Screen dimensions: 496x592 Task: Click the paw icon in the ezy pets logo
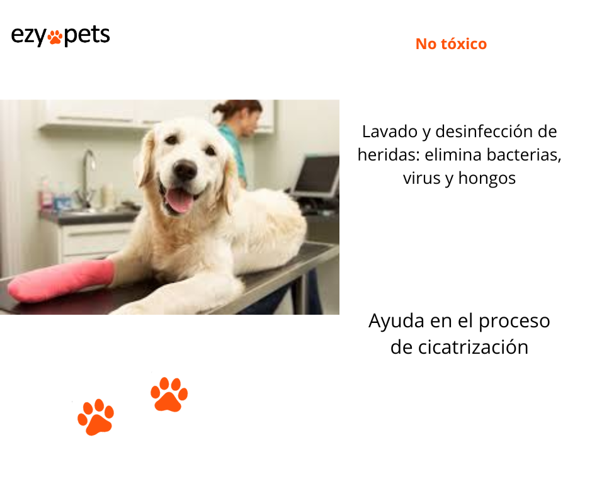55,37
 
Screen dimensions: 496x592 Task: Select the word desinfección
479,132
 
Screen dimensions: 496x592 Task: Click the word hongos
487,178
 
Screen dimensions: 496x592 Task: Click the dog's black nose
185,169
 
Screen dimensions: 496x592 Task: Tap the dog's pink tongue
180,201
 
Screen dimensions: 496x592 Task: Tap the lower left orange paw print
96,417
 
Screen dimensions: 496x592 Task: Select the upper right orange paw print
169,395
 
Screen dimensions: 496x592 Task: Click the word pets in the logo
87,35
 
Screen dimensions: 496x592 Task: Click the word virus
420,178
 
